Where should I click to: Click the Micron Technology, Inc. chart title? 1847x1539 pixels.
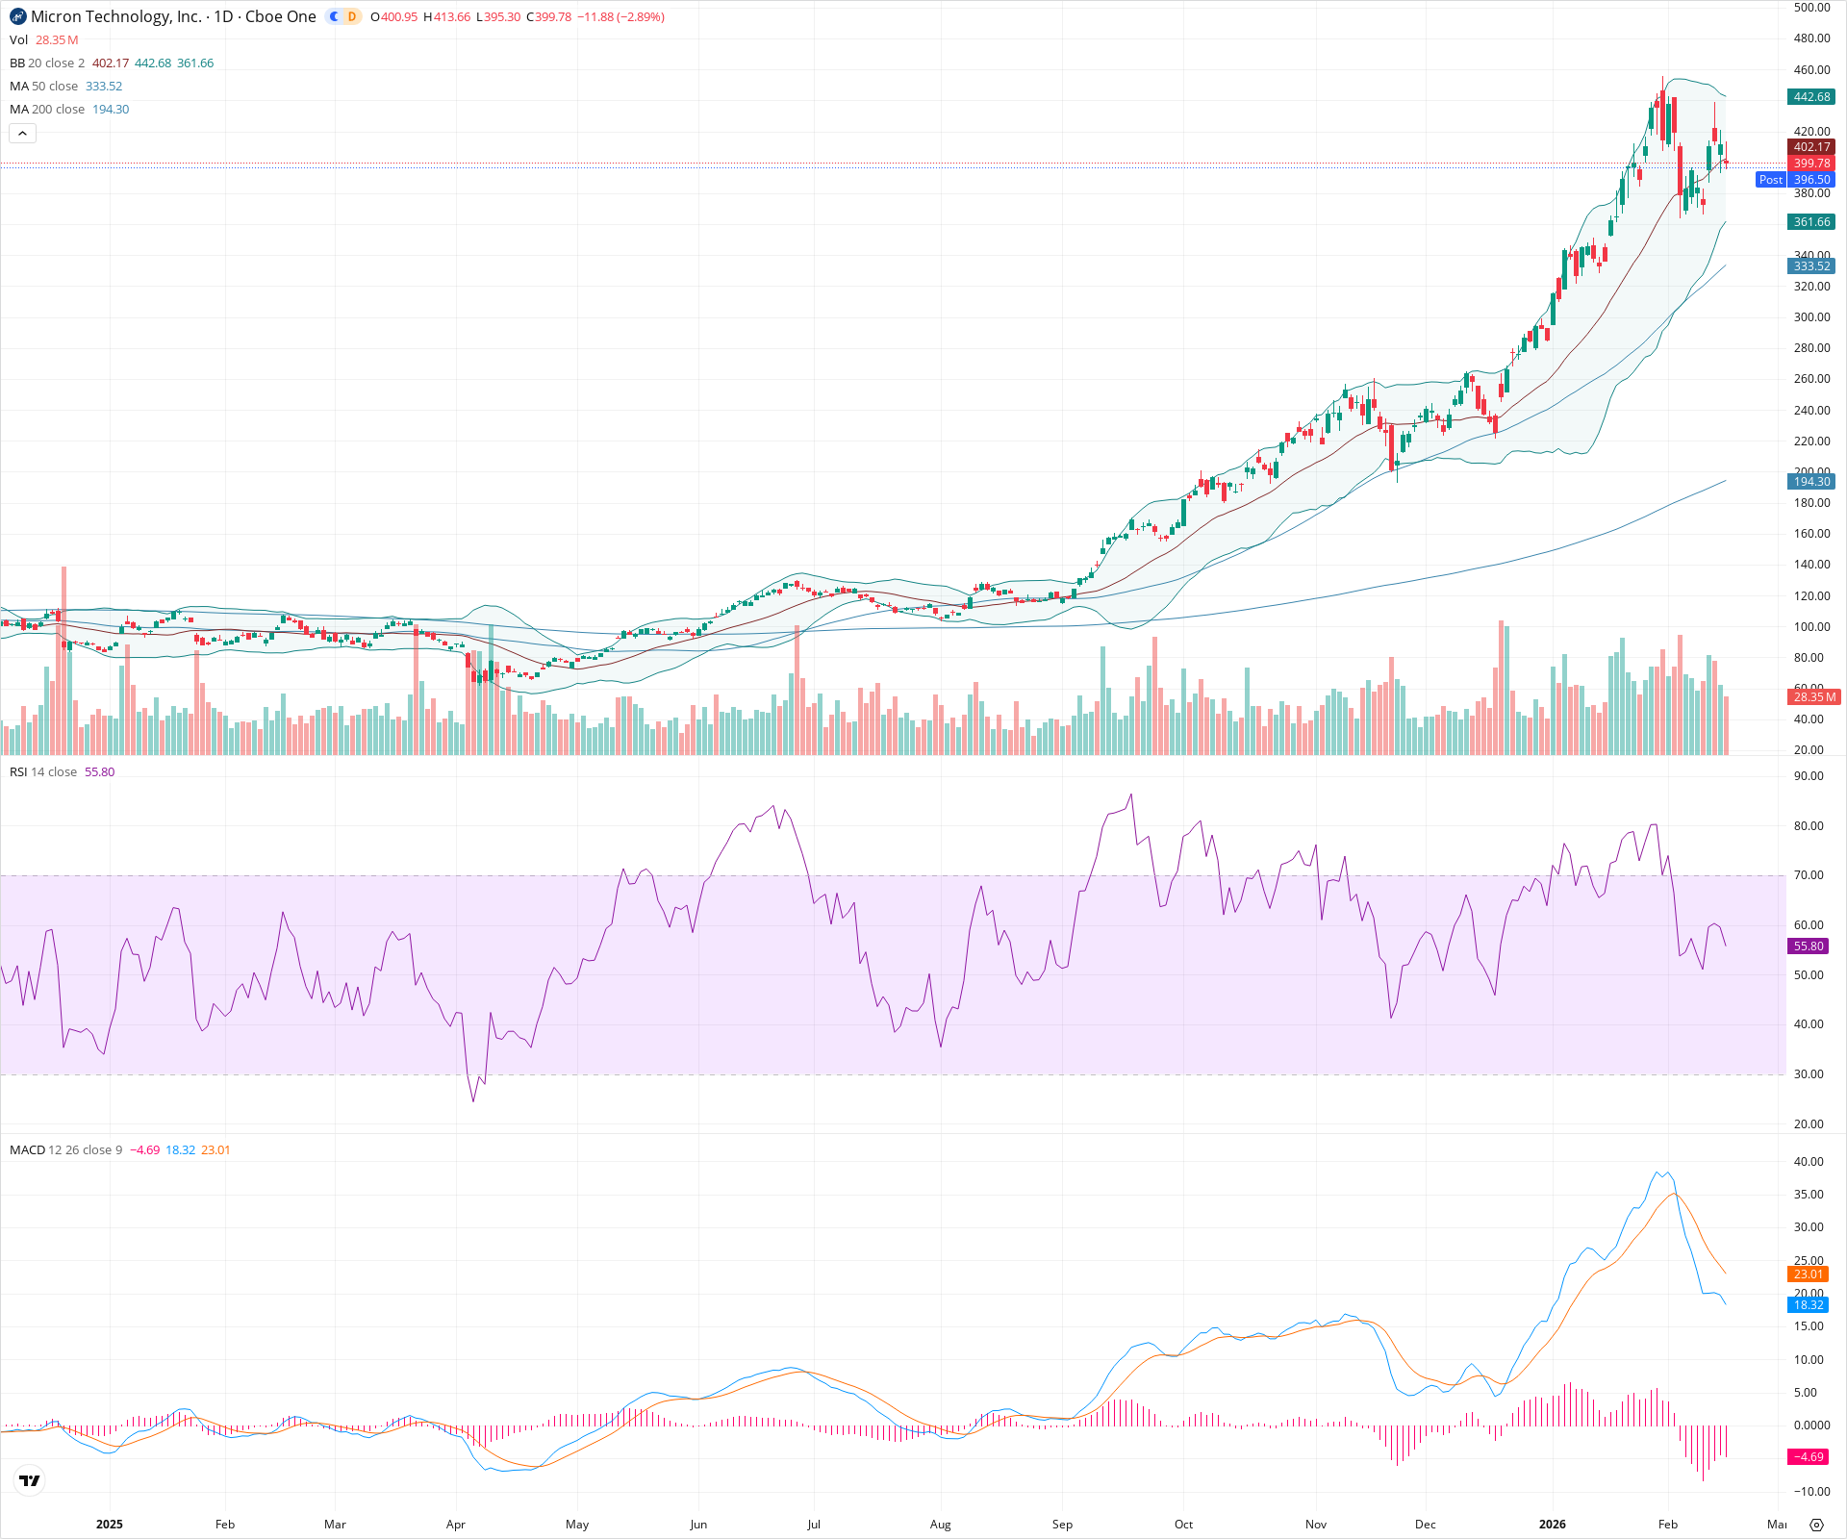[116, 16]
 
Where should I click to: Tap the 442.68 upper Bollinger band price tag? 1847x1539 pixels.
[1811, 97]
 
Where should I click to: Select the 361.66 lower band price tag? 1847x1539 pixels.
[1811, 222]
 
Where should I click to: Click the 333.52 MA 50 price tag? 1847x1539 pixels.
[1811, 266]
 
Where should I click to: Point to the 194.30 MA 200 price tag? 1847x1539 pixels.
[1811, 482]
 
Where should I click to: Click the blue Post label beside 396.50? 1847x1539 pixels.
[1770, 180]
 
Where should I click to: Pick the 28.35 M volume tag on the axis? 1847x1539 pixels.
[1813, 696]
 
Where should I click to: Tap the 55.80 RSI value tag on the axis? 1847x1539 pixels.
[1809, 946]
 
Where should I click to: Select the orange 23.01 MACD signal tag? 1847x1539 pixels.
[1809, 1274]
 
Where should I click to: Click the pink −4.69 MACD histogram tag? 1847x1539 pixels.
[1809, 1457]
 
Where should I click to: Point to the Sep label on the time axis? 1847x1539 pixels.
[1062, 1525]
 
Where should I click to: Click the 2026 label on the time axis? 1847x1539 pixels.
[1552, 1525]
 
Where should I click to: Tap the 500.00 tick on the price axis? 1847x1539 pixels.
[1811, 8]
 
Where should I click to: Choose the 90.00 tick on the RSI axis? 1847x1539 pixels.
[1809, 776]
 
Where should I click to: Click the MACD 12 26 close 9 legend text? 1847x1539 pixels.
[66, 1150]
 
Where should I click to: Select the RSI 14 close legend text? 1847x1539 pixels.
[43, 772]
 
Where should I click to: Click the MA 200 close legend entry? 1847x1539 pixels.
[47, 110]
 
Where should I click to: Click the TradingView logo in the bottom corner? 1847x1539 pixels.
[30, 1481]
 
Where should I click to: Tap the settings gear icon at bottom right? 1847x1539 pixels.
[1816, 1525]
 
